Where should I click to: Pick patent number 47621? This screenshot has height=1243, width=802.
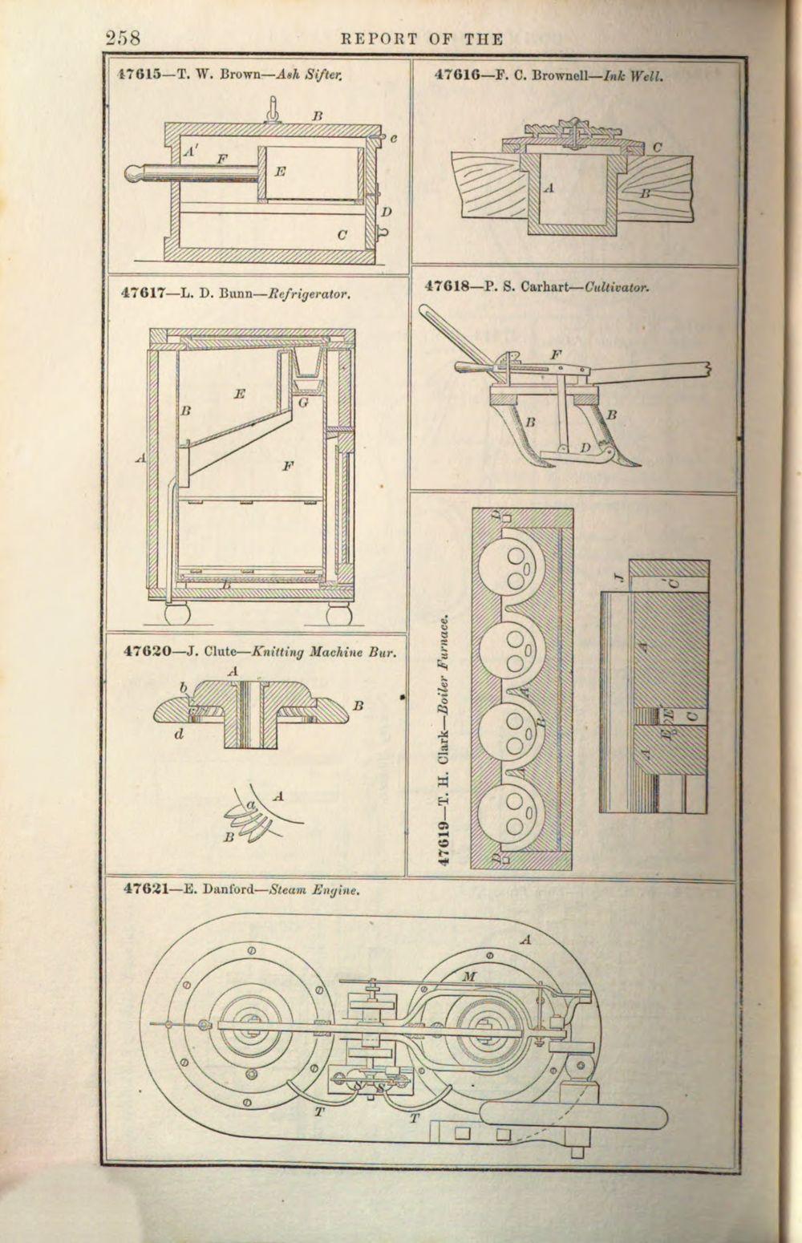[x=146, y=889]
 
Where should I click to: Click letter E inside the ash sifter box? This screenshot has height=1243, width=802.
[x=280, y=171]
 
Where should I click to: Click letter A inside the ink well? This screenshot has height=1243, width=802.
[x=549, y=188]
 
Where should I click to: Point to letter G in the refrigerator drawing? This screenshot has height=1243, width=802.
[x=303, y=403]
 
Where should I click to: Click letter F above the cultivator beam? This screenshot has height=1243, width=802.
[x=556, y=354]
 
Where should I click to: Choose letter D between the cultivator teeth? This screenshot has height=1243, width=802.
[x=586, y=446]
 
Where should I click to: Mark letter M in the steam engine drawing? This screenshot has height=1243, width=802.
[x=470, y=975]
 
